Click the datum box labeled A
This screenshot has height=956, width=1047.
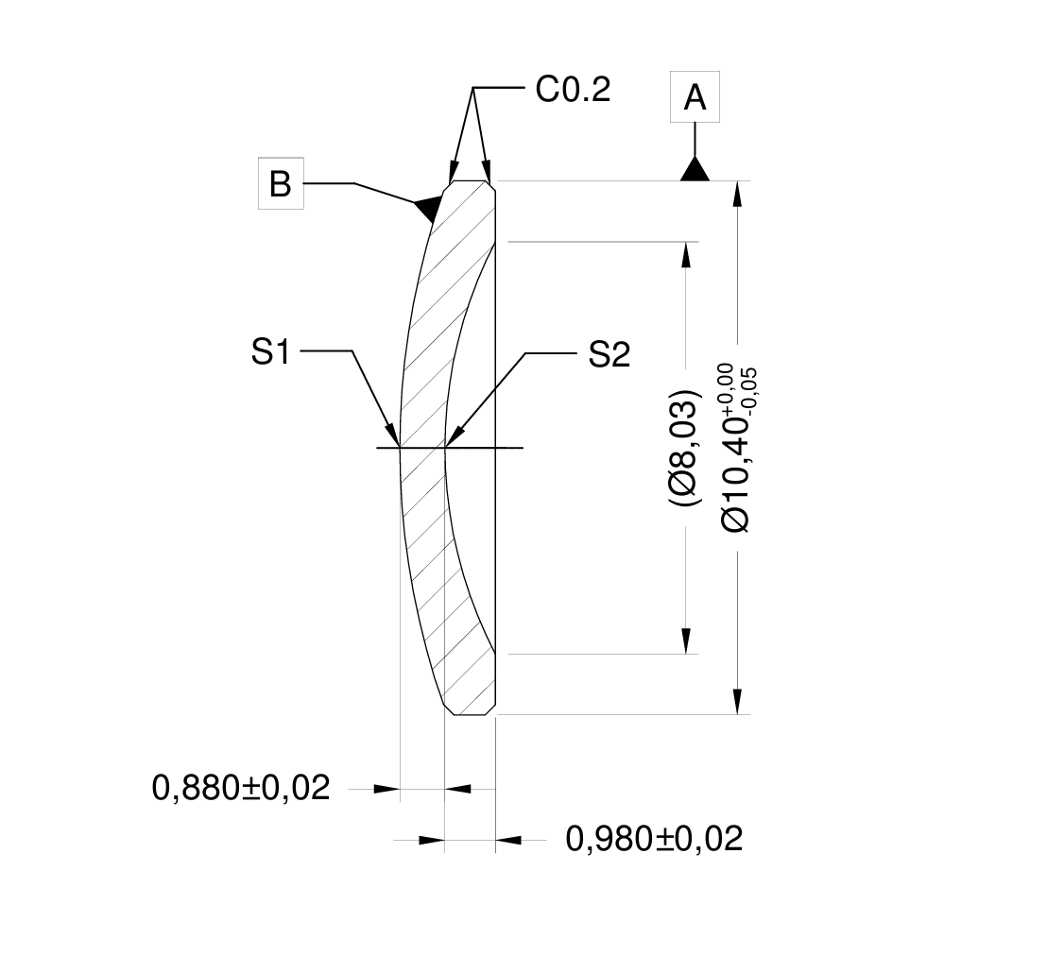695,96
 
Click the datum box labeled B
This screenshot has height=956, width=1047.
281,184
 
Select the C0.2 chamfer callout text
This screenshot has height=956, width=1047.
573,90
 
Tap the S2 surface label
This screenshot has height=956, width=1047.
609,355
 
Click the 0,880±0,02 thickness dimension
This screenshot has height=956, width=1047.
241,787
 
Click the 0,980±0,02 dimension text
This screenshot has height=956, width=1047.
654,838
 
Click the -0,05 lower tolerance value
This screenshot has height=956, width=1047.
751,386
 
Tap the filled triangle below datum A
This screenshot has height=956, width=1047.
695,170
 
